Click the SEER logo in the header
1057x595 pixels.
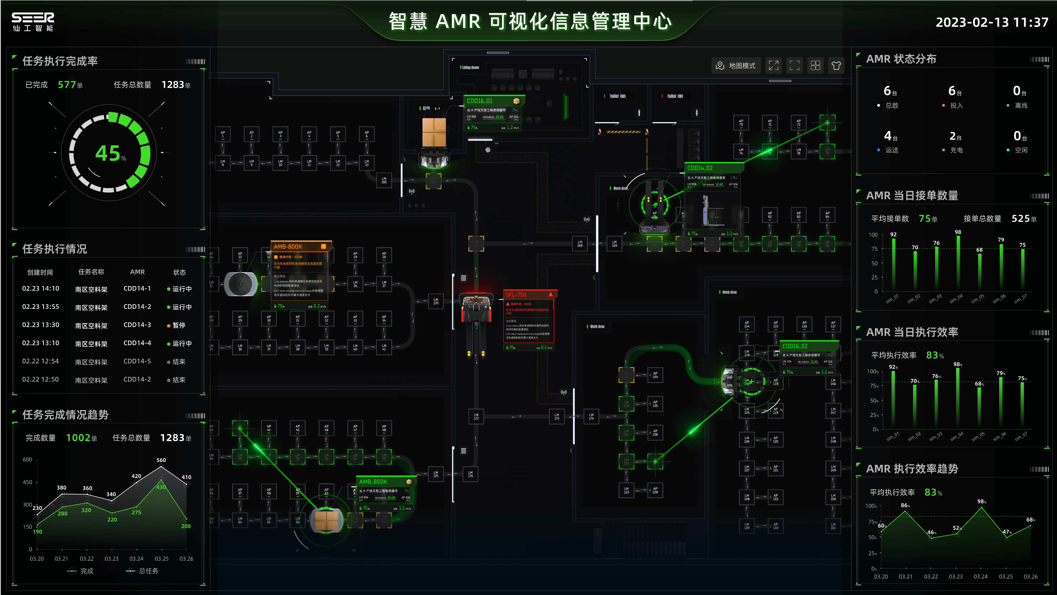[32, 21]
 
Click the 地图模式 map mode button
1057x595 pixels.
[736, 66]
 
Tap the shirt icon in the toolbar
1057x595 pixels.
[836, 66]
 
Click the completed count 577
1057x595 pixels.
[67, 85]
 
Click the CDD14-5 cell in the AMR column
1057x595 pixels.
[137, 361]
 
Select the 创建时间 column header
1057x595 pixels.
[40, 272]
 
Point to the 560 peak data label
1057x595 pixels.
[161, 460]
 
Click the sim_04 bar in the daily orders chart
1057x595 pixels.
[958, 263]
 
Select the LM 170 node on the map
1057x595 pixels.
[435, 301]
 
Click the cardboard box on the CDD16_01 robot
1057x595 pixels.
[434, 132]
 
